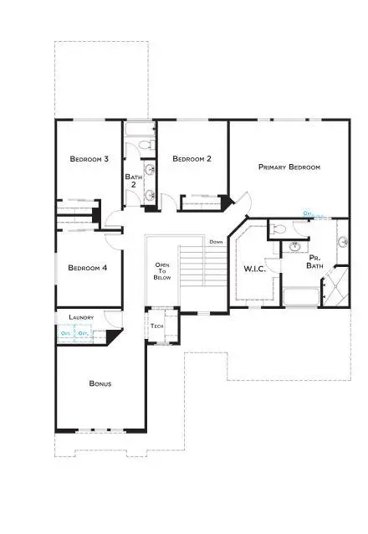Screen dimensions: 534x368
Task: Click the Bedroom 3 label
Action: (89, 158)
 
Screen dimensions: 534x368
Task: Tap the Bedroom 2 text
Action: (192, 158)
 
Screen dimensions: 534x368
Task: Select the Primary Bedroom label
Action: (289, 167)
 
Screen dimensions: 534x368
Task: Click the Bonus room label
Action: (100, 384)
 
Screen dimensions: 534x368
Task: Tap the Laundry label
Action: (81, 318)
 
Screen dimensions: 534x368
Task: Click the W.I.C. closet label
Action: (255, 270)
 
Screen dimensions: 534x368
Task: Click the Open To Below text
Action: (162, 271)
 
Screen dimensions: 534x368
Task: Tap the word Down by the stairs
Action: (216, 242)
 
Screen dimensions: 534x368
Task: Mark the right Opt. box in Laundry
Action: (83, 334)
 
